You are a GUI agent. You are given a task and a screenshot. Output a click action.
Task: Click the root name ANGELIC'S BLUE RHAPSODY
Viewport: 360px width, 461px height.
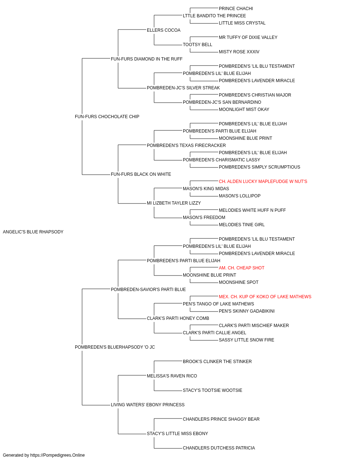[33, 232]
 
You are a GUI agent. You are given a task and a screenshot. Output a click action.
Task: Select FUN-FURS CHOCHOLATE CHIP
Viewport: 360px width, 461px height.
[107, 117]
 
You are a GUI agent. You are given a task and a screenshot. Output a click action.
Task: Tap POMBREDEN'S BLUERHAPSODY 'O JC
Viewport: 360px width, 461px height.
[115, 347]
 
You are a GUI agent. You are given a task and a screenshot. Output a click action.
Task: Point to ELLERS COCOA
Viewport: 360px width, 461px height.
[164, 30]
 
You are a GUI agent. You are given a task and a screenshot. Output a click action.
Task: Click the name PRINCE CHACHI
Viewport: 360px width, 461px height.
[236, 9]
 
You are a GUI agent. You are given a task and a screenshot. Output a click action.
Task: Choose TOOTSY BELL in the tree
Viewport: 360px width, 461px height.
[197, 45]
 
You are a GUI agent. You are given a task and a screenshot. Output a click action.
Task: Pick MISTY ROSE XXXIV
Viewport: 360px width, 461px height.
[239, 52]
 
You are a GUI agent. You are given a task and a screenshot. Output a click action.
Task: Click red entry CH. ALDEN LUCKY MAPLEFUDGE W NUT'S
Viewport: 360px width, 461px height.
[263, 182]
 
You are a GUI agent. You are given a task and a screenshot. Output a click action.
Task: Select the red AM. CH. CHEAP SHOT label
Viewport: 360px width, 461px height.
[242, 268]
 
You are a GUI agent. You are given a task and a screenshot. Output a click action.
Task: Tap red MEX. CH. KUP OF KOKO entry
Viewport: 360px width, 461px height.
[265, 297]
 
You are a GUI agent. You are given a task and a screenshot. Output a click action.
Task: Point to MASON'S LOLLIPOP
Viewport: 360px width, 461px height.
[239, 196]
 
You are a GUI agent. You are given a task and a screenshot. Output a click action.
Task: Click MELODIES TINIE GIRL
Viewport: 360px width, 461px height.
[242, 225]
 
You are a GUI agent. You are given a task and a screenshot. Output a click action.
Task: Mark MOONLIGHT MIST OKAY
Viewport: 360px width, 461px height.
[244, 109]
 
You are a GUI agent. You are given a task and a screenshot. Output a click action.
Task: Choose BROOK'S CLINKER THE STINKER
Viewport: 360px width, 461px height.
[217, 362]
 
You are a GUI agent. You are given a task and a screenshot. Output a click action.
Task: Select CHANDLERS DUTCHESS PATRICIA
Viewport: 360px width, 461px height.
[219, 448]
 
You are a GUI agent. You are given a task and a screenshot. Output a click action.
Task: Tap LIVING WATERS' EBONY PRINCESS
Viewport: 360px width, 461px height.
[148, 405]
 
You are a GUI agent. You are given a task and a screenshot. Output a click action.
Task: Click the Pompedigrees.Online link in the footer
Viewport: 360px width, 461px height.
[58, 455]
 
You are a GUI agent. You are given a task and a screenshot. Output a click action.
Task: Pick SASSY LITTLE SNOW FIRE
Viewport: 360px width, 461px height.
[246, 340]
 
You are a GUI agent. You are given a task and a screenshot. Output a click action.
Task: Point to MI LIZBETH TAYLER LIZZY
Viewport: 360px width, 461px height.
[174, 203]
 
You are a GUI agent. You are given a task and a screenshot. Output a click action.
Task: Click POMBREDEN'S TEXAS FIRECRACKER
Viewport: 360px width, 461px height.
[186, 146]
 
